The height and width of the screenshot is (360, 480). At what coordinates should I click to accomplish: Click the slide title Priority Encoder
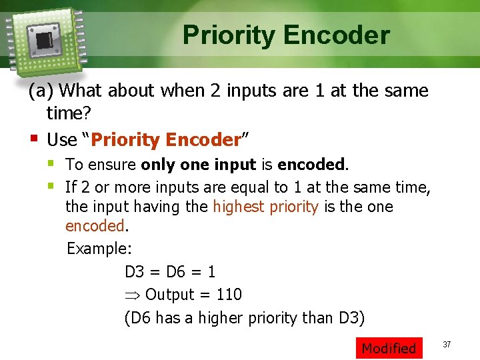coord(286,35)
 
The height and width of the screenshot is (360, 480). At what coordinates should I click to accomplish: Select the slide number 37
coord(447,344)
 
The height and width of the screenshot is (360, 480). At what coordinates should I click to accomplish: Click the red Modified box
coord(389,348)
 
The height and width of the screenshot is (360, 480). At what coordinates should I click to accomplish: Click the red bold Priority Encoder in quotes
coord(165,140)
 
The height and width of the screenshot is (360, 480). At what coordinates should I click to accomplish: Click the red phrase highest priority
coord(265,207)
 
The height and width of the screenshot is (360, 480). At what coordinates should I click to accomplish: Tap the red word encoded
coord(95,226)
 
